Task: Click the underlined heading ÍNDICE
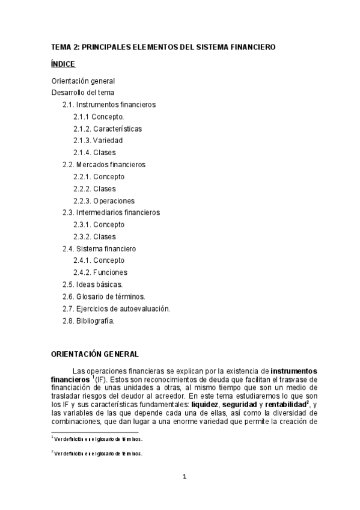point(63,63)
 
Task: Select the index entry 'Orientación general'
point(82,81)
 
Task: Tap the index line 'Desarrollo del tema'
point(82,93)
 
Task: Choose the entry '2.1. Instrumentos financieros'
point(109,105)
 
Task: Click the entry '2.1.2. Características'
point(108,129)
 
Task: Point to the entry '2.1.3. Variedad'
point(98,141)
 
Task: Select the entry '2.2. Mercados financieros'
point(104,164)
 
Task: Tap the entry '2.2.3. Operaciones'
point(104,201)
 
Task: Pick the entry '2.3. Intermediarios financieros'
point(111,212)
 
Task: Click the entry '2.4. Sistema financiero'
point(99,248)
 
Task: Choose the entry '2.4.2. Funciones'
point(100,272)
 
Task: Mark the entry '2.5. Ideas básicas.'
point(93,284)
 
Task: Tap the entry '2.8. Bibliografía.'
point(88,321)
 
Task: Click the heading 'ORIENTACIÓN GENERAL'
point(94,354)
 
